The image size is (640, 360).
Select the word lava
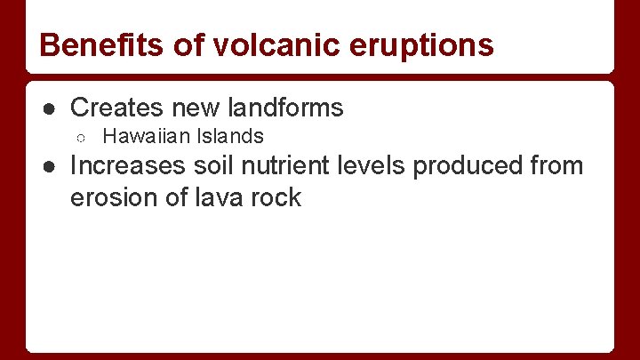(x=220, y=197)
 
